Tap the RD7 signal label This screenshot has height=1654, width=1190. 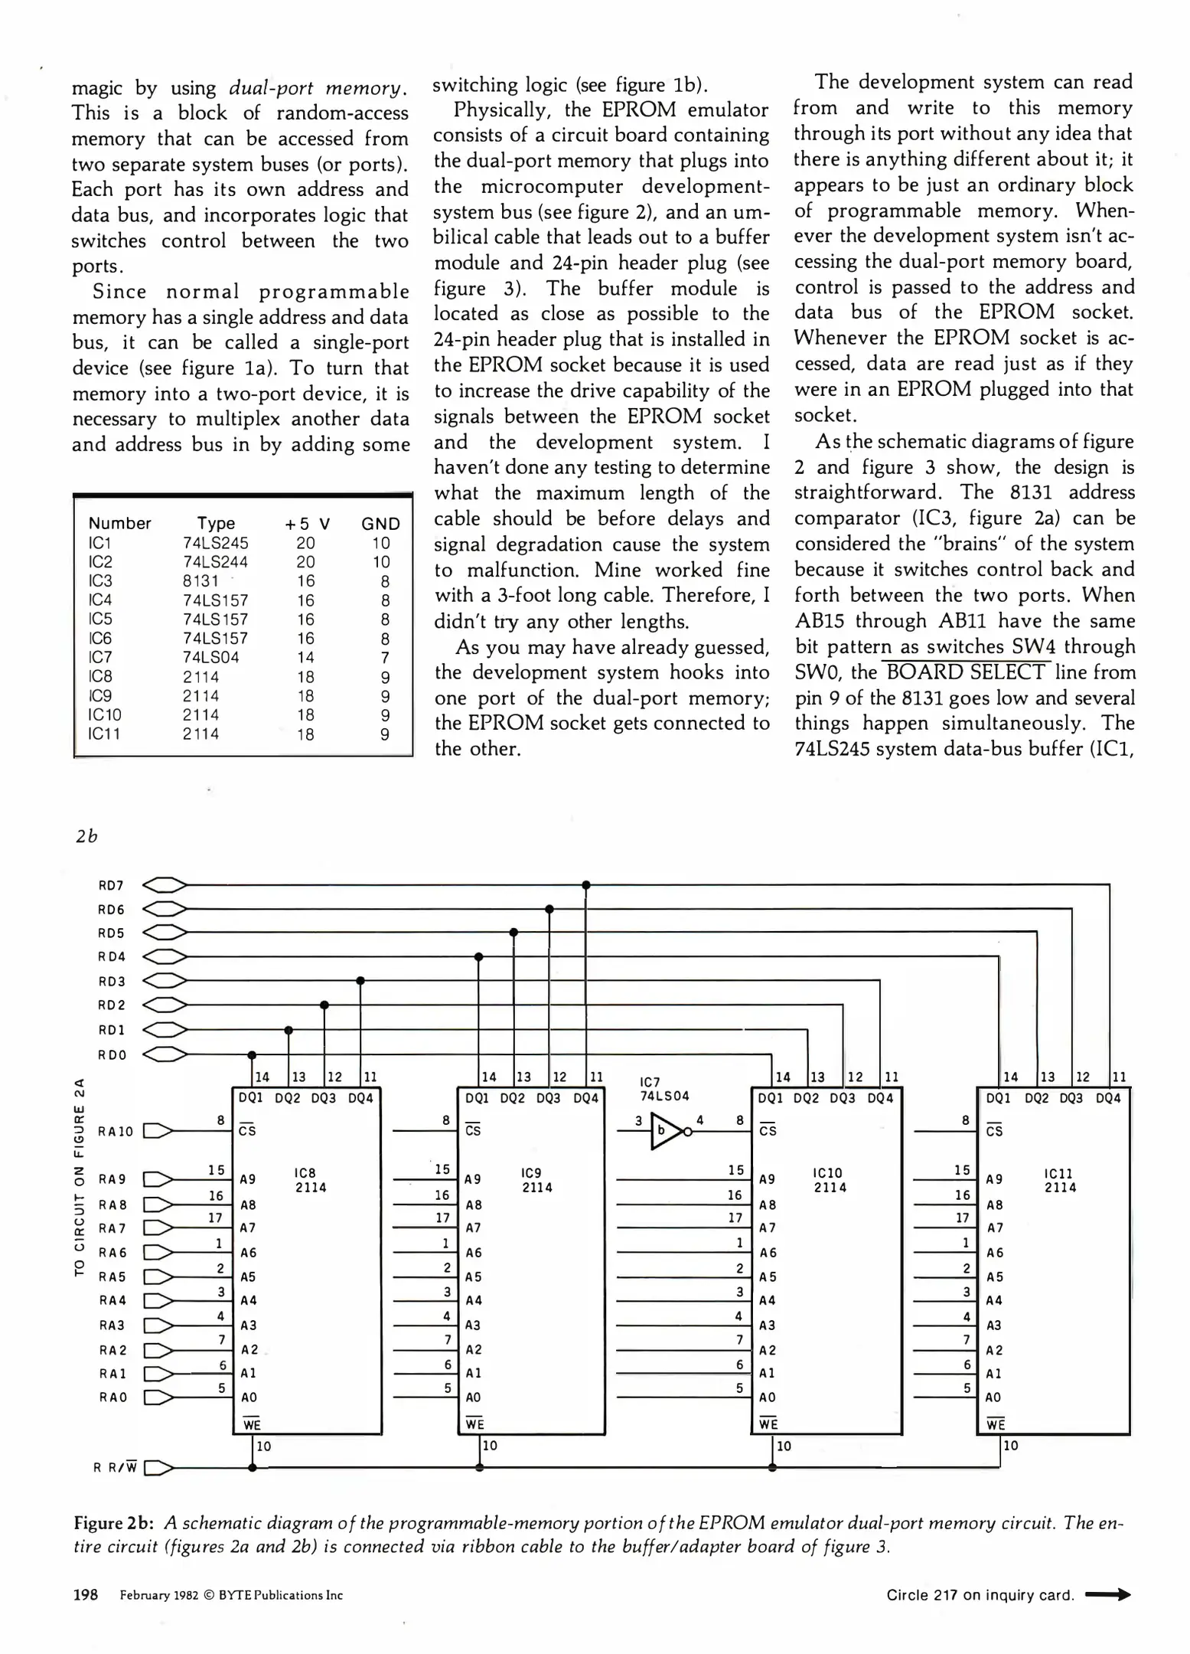click(x=111, y=886)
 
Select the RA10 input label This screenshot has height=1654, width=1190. click(x=116, y=1132)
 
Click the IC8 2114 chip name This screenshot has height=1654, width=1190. click(x=310, y=1180)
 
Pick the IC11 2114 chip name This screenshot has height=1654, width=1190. click(x=1060, y=1180)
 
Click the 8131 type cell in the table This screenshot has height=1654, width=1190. click(x=201, y=581)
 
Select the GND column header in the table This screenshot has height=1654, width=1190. click(x=380, y=524)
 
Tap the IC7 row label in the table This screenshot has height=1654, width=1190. click(x=100, y=657)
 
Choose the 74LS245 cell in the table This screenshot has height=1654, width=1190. click(x=215, y=543)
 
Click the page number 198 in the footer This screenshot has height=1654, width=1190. click(x=85, y=1595)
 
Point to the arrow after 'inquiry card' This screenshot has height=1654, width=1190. click(x=1108, y=1595)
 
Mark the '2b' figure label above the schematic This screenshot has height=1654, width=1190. click(x=87, y=836)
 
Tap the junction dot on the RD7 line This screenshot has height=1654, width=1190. click(x=585, y=885)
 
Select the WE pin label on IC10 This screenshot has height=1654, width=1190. click(x=768, y=1424)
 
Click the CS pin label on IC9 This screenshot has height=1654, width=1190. click(x=473, y=1130)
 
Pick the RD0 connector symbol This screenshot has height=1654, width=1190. click(x=165, y=1055)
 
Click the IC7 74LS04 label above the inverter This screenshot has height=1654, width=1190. click(x=664, y=1089)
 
